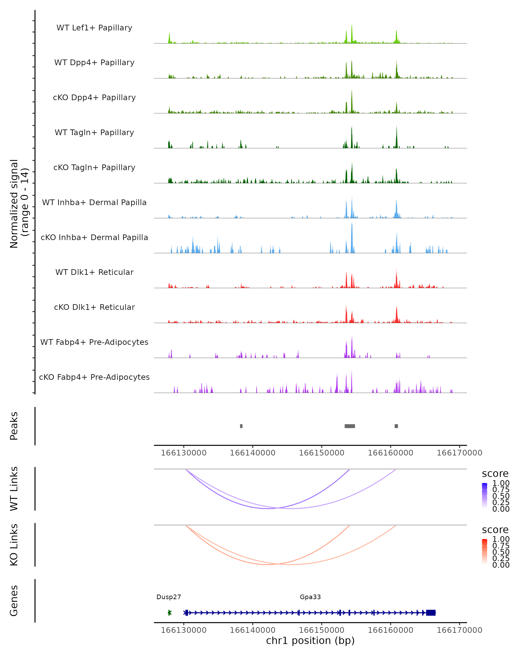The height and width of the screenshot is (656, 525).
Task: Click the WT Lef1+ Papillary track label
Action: point(94,28)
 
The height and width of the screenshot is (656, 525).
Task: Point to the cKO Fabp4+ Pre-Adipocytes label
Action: point(94,377)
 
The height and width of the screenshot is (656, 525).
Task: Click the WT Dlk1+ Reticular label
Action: point(94,272)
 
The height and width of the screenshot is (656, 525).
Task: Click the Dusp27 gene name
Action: point(169,597)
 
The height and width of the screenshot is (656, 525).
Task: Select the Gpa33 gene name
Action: point(310,597)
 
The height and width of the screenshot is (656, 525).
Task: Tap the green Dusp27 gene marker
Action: point(170,613)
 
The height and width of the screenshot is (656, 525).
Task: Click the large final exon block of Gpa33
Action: point(431,613)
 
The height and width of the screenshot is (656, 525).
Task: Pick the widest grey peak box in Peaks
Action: point(350,426)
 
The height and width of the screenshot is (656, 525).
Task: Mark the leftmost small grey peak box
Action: point(241,426)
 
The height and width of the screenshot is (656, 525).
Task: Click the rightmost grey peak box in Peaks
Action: point(396,426)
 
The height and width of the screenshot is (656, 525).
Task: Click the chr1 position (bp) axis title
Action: point(310,640)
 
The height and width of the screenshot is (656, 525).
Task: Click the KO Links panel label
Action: point(14,545)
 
